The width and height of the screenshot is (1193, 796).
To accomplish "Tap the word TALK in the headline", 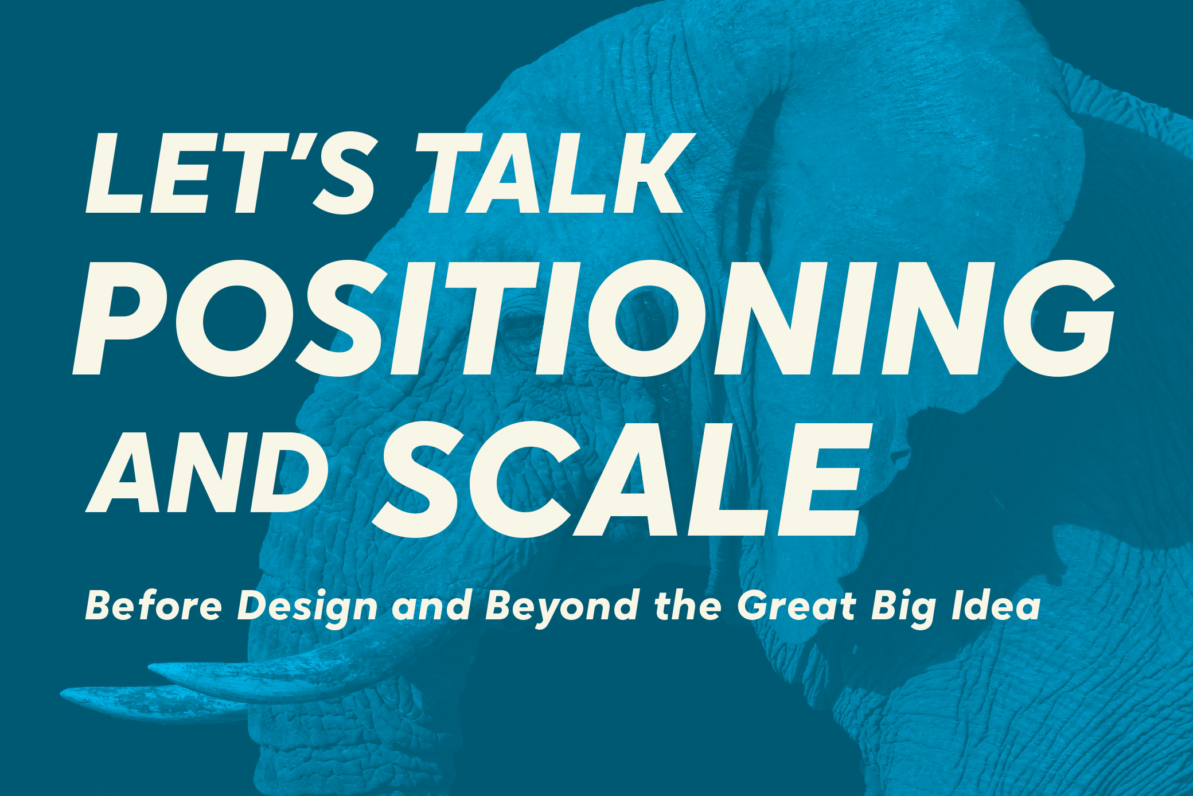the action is point(555,173).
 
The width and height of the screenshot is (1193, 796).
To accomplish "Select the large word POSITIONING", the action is point(594,318).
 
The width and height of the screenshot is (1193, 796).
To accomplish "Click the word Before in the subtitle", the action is point(153,606).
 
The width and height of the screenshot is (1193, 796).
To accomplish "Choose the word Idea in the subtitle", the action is point(996,606).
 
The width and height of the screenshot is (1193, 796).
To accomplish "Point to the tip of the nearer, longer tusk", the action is point(150,667).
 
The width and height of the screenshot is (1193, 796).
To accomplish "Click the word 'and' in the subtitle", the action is point(432,606).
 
